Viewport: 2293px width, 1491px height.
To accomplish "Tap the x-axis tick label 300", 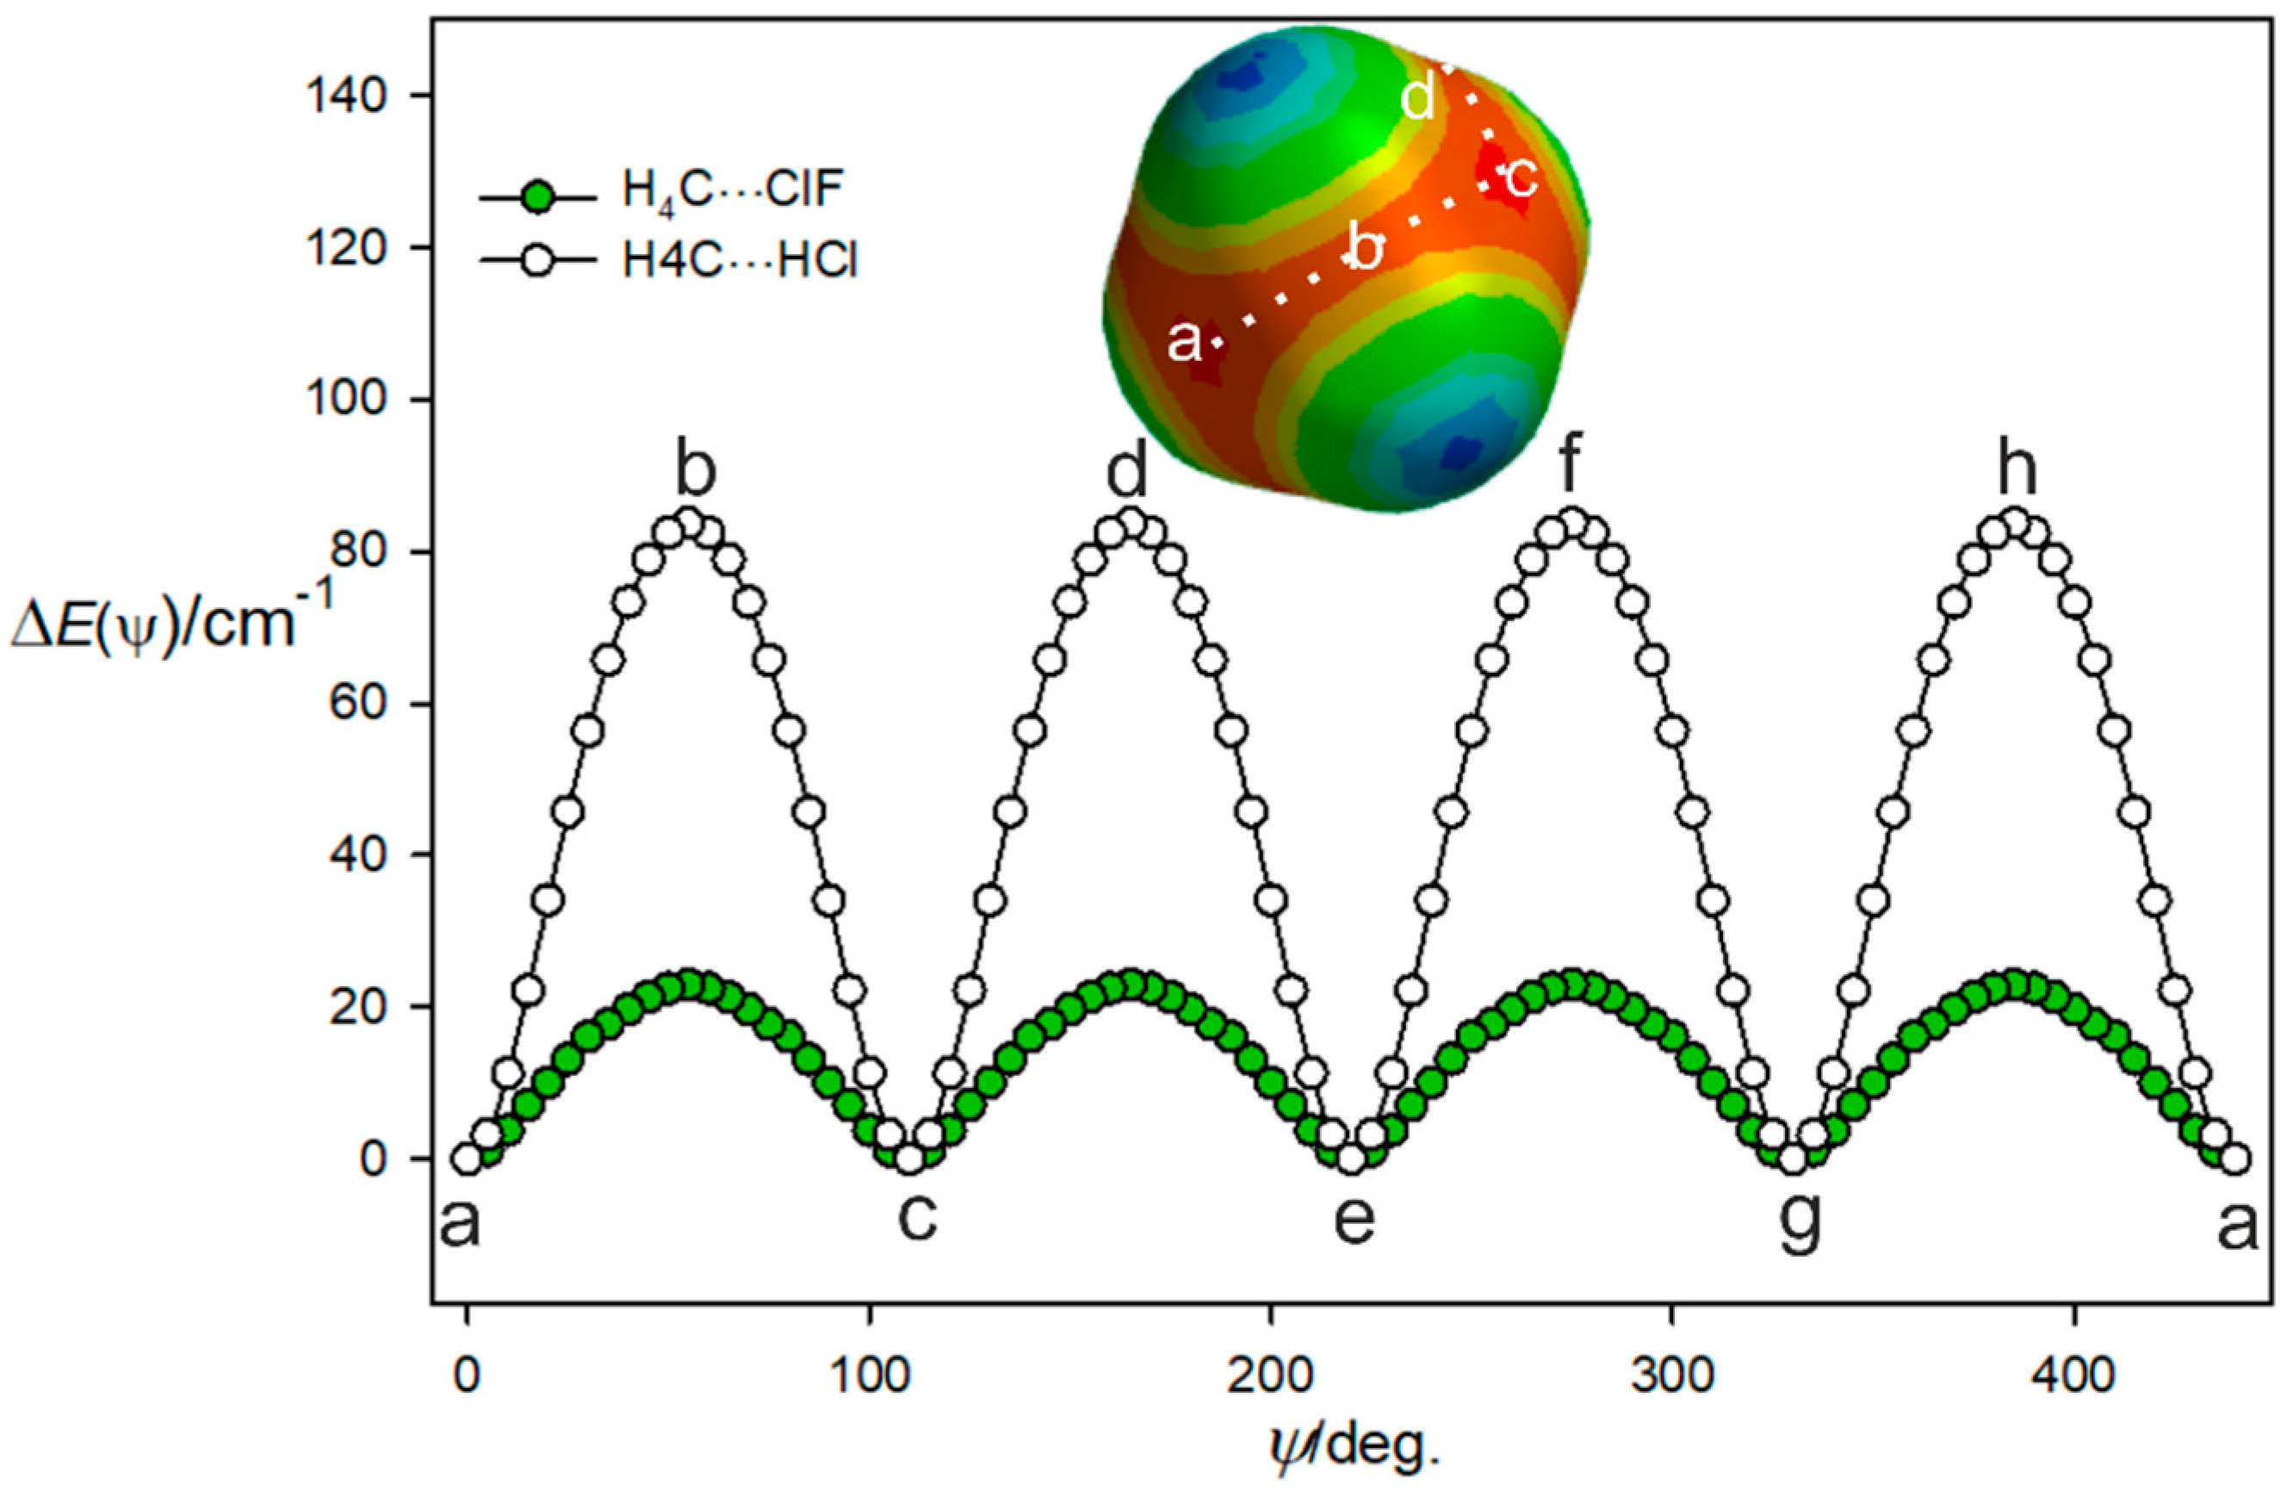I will click(x=1672, y=1376).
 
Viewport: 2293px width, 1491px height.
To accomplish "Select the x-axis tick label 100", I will click(x=870, y=1376).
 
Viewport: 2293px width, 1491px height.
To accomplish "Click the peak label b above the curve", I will click(x=696, y=470).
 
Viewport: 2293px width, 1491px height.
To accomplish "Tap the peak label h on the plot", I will click(x=2017, y=470).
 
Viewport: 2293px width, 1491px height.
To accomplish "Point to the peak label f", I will click(x=1571, y=470).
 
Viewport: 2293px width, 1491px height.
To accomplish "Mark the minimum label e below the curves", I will click(x=1354, y=1218).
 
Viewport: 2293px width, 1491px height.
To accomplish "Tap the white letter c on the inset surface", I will click(x=1521, y=177).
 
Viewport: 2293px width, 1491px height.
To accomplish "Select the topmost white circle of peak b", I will click(x=690, y=524).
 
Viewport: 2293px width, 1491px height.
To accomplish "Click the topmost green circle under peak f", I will click(x=1572, y=986).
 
